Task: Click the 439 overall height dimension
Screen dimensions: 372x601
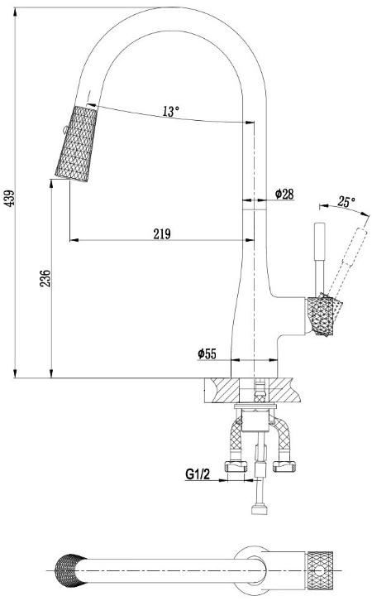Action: tap(9, 198)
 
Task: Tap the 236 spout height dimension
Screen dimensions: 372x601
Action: tap(45, 279)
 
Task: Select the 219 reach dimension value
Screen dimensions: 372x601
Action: tap(162, 233)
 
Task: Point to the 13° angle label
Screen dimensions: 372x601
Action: tap(170, 111)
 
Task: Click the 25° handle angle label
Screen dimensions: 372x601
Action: tap(346, 201)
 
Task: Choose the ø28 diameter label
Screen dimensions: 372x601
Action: tap(284, 194)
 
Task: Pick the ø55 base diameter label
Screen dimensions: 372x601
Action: tap(207, 353)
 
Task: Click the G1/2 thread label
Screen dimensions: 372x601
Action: tap(198, 474)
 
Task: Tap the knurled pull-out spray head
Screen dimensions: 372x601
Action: tap(76, 144)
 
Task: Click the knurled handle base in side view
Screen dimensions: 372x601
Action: tap(323, 316)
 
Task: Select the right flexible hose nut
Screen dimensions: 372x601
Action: tap(284, 466)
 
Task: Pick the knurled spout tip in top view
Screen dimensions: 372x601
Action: tap(69, 570)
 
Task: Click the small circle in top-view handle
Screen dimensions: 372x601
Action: tap(320, 570)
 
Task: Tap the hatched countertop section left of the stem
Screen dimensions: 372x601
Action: tap(224, 390)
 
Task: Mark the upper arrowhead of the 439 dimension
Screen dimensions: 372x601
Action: tap(15, 11)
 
